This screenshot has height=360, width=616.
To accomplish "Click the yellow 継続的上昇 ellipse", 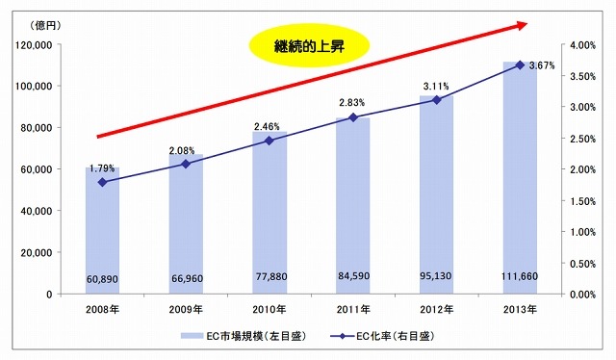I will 310,43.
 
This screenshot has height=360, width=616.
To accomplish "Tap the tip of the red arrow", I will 526,22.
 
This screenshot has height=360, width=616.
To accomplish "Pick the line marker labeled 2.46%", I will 269,141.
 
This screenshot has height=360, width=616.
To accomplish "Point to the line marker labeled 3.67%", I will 520,64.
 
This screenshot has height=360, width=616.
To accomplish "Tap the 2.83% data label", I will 352,103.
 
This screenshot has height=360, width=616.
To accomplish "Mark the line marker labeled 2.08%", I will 185,164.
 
